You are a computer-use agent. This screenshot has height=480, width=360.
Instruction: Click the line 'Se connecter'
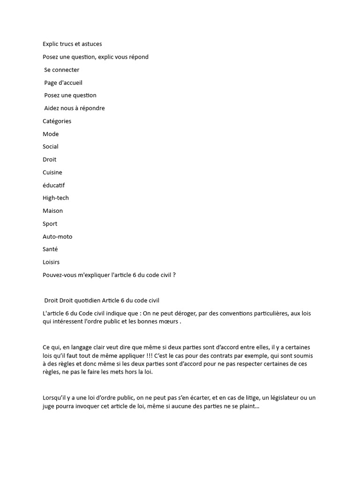point(61,70)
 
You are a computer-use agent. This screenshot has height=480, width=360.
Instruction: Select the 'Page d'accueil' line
point(63,82)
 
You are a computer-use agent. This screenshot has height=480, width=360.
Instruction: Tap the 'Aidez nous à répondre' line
point(75,108)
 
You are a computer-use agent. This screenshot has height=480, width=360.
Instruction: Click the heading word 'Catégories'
point(57,121)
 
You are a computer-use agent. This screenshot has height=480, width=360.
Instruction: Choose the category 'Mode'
point(51,134)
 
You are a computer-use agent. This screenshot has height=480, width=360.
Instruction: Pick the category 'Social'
point(51,147)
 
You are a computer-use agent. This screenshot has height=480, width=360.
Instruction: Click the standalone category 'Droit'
point(49,159)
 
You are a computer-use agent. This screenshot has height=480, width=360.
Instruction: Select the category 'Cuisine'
point(52,172)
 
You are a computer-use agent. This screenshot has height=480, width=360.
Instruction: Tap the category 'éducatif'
point(53,185)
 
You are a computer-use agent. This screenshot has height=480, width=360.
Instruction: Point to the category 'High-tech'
point(55,198)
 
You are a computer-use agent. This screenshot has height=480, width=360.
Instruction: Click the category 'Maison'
point(52,211)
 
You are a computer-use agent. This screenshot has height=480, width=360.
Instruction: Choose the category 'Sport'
point(50,224)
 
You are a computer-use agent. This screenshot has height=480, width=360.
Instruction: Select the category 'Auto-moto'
point(57,237)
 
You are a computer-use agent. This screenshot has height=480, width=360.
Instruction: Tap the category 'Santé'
point(50,249)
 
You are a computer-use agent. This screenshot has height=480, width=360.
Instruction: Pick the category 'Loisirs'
point(51,262)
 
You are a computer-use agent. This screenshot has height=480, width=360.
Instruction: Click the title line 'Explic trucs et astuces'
point(72,44)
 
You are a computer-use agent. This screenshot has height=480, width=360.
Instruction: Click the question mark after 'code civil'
point(174,275)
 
